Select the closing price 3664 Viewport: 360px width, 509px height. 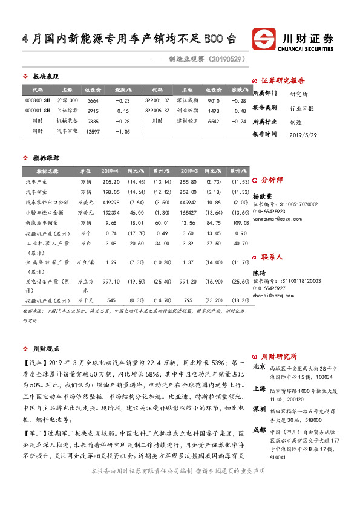[93, 100]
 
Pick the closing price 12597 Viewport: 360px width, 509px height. [93, 131]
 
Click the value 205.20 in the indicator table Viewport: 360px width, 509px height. [111, 181]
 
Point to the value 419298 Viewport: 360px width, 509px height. [111, 202]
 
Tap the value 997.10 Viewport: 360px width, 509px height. [111, 281]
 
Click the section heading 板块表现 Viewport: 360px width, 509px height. [45, 76]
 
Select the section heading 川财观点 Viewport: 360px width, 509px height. [45, 348]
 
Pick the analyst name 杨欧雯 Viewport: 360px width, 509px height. [262, 197]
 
